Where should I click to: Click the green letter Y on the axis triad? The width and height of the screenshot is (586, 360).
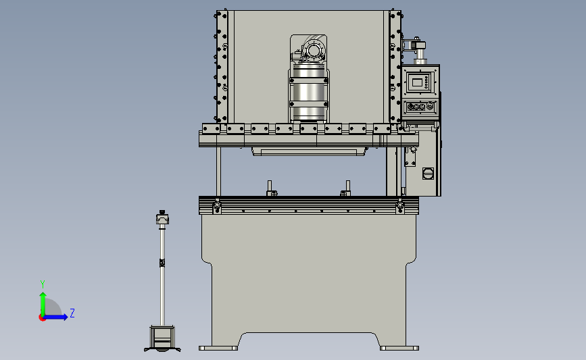43,284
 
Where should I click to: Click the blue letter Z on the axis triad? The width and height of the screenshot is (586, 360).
72,313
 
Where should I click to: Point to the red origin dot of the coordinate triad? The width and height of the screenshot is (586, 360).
42,318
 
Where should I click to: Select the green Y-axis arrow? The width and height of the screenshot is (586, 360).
43,304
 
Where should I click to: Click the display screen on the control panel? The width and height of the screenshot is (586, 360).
417,82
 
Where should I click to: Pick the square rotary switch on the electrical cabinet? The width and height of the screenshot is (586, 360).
429,174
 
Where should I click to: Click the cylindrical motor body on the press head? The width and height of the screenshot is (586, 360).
309,93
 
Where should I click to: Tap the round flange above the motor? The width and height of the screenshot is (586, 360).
314,50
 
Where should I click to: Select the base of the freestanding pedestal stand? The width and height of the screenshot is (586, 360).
162,338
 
